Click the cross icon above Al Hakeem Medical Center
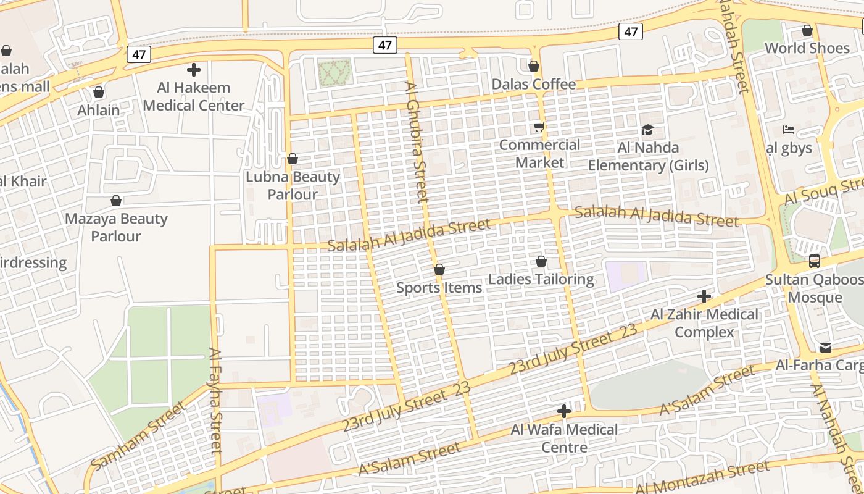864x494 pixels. [194, 70]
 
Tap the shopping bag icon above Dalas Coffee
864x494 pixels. [534, 66]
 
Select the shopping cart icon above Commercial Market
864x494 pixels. [539, 127]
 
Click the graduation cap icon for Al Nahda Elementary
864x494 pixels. [647, 130]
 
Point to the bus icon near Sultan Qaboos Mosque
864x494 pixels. [815, 261]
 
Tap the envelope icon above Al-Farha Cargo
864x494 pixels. [826, 348]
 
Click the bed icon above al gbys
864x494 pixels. [788, 130]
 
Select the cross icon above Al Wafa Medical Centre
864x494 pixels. [563, 411]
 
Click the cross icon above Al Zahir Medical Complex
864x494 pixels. [704, 296]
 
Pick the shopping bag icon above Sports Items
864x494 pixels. [439, 269]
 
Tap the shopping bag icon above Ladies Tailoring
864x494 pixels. [541, 262]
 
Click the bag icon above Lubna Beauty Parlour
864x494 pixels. [293, 159]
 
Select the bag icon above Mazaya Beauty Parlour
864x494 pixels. [115, 201]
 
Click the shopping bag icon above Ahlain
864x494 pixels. [99, 93]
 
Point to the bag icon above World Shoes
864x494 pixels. [807, 30]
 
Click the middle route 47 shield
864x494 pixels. [385, 45]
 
